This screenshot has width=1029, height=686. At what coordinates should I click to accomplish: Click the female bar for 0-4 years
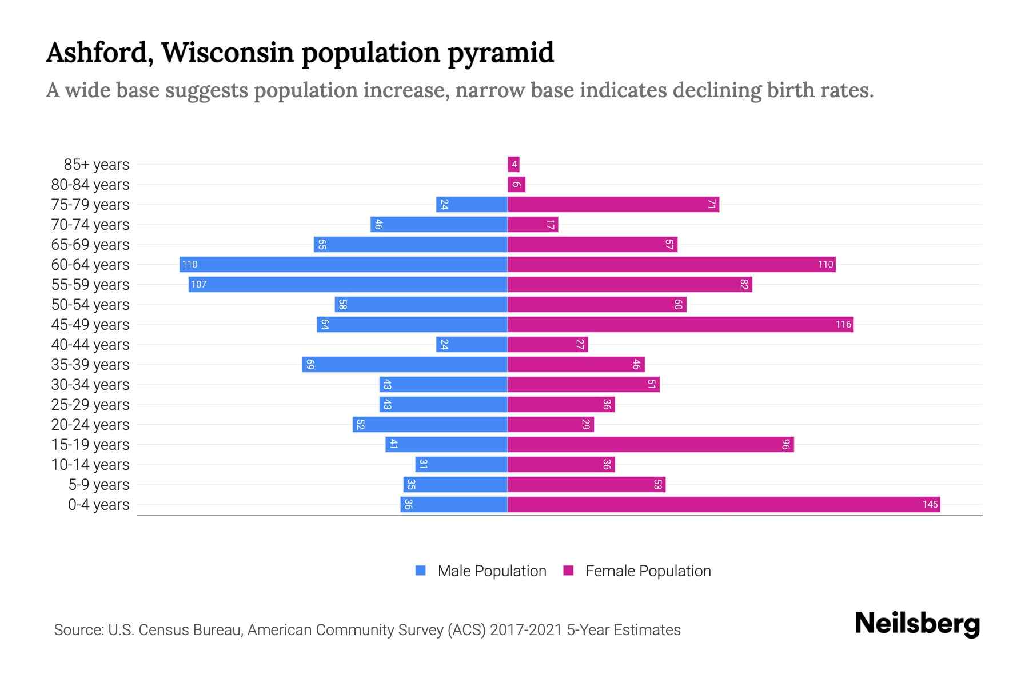(723, 504)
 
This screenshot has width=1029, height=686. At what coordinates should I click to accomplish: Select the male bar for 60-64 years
(343, 264)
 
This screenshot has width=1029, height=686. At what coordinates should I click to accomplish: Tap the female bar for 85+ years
(513, 165)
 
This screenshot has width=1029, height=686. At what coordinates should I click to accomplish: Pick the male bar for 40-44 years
(472, 344)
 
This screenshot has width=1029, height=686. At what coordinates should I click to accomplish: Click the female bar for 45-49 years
(680, 324)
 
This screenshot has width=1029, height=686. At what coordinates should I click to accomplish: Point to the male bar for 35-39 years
(405, 364)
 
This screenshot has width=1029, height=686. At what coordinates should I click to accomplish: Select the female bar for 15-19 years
(651, 444)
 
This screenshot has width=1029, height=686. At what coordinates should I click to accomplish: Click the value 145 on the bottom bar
(930, 504)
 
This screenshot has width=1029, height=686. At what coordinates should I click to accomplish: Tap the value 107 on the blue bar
(198, 284)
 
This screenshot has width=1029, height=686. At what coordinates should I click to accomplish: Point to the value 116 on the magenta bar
(843, 324)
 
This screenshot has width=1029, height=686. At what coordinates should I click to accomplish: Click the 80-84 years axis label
(90, 185)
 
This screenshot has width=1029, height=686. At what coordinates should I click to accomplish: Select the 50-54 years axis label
(90, 305)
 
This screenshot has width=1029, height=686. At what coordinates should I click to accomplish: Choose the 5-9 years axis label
(99, 485)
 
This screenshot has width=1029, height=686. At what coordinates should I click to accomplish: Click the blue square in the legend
(421, 571)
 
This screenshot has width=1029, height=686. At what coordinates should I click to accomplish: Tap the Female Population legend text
(648, 571)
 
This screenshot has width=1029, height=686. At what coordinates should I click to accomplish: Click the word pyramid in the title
(500, 53)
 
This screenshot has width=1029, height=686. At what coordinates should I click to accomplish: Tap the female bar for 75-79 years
(613, 204)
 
